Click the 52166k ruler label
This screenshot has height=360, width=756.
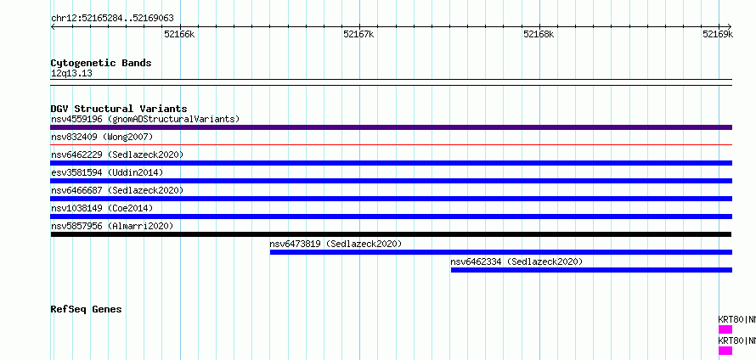click(179, 34)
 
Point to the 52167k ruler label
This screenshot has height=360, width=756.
click(358, 34)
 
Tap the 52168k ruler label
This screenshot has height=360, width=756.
click(539, 34)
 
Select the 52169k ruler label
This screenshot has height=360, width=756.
click(718, 34)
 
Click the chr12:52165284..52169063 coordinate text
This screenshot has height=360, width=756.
click(112, 19)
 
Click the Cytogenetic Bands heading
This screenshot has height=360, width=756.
click(101, 63)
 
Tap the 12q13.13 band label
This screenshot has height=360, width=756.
click(71, 74)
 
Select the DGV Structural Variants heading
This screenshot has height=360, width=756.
click(119, 109)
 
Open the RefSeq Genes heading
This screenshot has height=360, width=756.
click(86, 309)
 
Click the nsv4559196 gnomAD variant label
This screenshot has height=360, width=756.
click(145, 119)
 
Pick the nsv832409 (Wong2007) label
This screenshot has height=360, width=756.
click(102, 137)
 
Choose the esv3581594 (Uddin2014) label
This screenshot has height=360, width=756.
click(107, 172)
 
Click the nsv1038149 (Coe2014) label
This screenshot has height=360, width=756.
click(102, 208)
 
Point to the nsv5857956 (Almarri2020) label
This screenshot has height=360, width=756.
click(112, 226)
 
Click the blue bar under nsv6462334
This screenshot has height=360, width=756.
click(591, 270)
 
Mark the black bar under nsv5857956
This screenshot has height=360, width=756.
click(391, 234)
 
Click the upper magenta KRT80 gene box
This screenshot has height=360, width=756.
click(725, 329)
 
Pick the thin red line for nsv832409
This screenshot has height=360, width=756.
click(391, 144)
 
